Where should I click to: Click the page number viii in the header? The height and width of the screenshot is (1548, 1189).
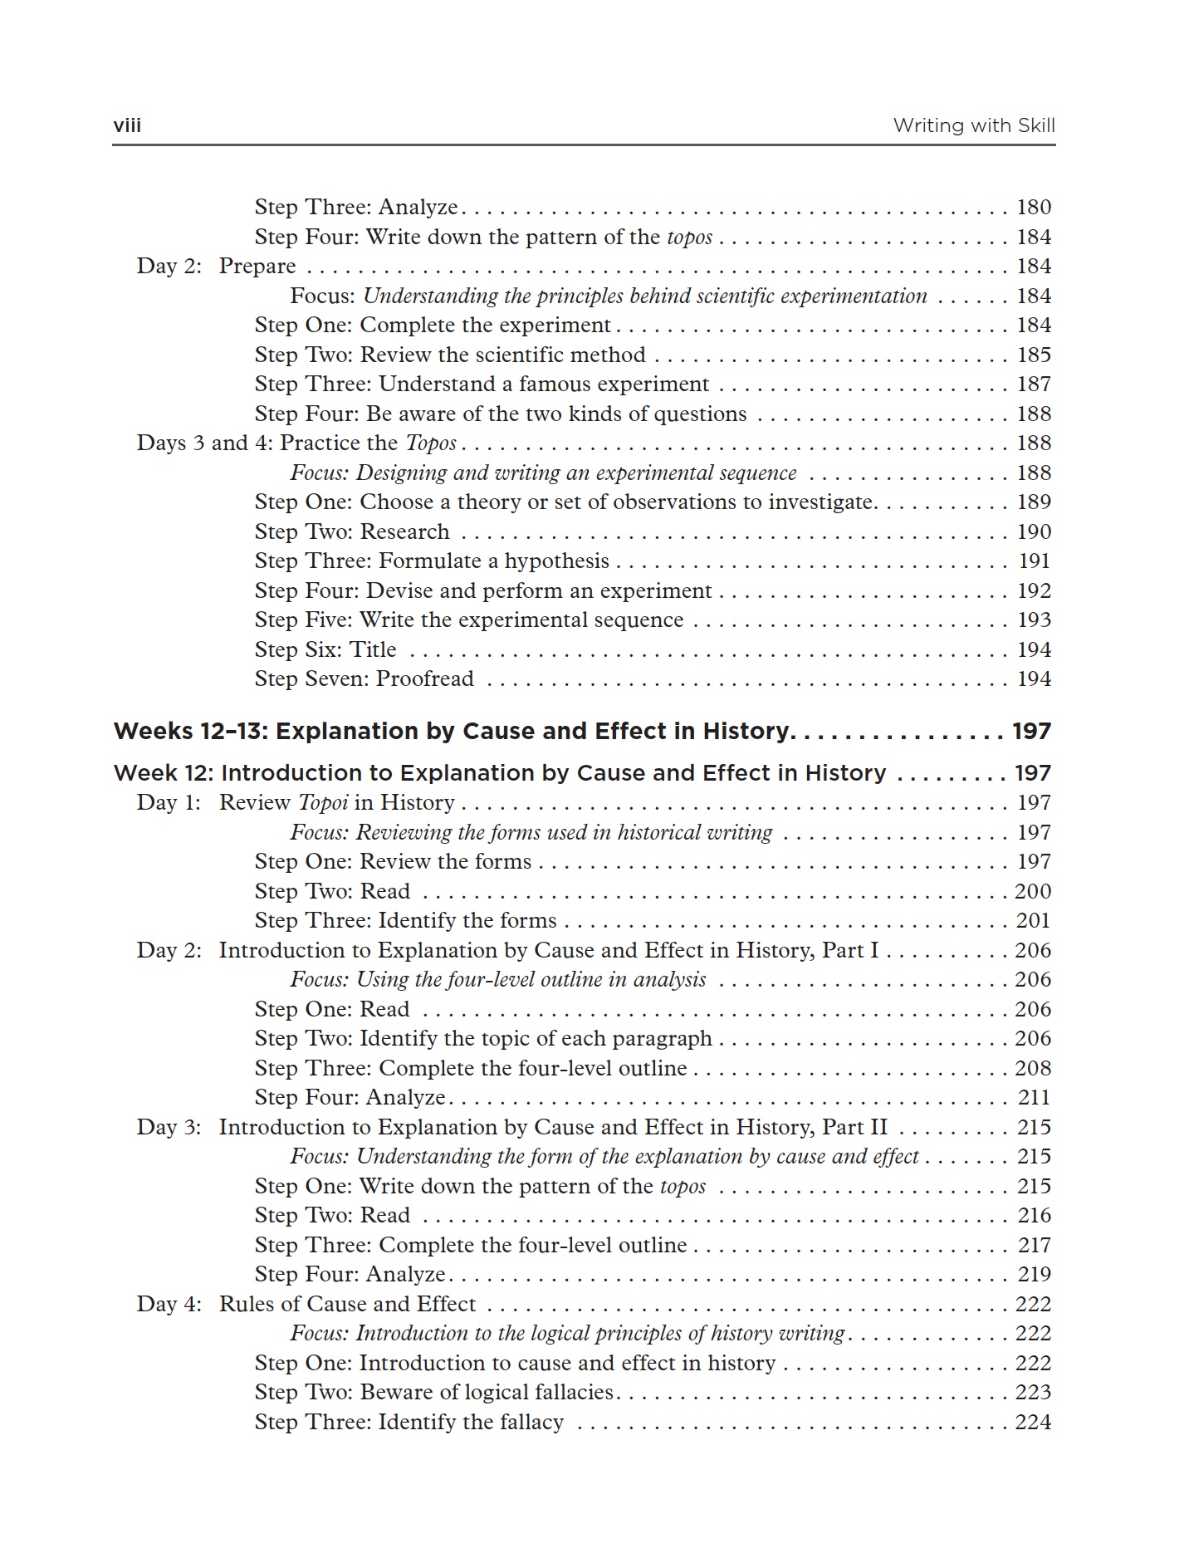(x=127, y=125)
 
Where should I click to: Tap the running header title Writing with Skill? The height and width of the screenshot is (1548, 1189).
(x=973, y=125)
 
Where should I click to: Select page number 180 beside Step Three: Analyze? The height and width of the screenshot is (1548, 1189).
(x=1034, y=207)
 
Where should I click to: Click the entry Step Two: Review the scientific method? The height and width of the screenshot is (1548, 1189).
(x=449, y=355)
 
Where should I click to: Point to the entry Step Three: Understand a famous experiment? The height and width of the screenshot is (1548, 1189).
(x=482, y=384)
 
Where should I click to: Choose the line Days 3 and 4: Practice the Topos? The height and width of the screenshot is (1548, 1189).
(x=296, y=443)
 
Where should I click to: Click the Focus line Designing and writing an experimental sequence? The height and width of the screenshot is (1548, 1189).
(x=543, y=473)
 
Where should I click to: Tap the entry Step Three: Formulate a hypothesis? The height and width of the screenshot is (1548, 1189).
(x=432, y=561)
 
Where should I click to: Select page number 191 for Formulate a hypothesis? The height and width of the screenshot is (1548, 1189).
(x=1034, y=561)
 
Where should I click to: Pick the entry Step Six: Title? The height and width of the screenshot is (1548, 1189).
(x=325, y=649)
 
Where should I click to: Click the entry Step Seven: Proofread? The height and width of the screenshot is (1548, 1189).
(x=364, y=678)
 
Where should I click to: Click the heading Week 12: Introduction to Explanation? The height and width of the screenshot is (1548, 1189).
(x=499, y=773)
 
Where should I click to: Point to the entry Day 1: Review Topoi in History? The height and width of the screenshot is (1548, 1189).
(x=296, y=802)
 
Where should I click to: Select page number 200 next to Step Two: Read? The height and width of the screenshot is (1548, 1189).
(x=1033, y=891)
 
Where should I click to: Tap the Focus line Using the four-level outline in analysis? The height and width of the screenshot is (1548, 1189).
(x=498, y=979)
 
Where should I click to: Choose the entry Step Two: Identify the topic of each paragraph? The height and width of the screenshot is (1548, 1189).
(x=483, y=1038)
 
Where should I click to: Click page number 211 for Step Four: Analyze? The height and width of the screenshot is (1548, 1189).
(x=1034, y=1097)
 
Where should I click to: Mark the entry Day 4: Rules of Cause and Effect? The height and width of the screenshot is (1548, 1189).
(x=306, y=1304)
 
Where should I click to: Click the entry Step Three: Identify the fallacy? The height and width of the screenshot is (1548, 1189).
(x=409, y=1422)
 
